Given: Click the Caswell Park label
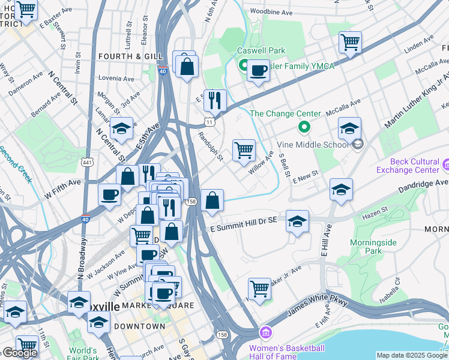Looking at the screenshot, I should [261, 51].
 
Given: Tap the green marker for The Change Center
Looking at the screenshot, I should [304, 127].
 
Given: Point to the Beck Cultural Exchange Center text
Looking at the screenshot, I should [419, 165].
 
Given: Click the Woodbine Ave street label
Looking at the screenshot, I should [271, 12].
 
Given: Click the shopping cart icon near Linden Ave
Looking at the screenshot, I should [350, 42].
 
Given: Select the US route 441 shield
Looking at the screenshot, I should [87, 161].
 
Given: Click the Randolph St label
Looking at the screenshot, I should [211, 146].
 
